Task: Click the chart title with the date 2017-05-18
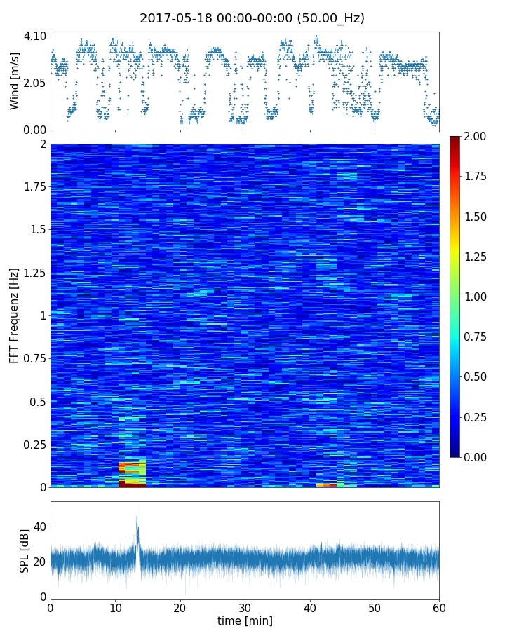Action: [252, 18]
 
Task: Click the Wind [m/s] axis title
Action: [15, 81]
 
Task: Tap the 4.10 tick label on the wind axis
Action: [36, 36]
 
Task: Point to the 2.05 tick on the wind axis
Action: [36, 83]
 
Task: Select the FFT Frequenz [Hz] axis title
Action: [15, 315]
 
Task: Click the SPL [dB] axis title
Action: [25, 550]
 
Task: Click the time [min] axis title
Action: [245, 620]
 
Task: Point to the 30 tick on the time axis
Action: [245, 606]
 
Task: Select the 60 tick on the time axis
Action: [439, 606]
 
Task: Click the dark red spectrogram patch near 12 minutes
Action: [132, 483]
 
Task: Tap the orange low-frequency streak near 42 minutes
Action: [326, 484]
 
